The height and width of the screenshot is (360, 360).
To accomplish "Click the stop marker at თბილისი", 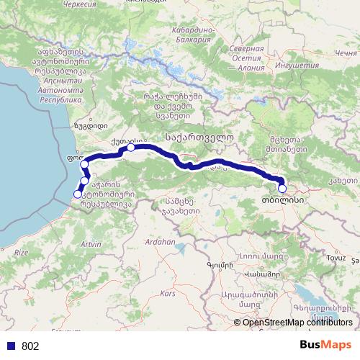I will (x=282, y=189).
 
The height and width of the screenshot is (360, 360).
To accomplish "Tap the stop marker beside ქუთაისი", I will (x=131, y=148).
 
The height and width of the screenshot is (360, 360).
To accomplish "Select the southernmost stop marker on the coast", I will (x=78, y=194).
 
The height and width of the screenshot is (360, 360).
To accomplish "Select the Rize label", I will (x=22, y=252).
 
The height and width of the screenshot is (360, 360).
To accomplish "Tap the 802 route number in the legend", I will (x=30, y=346).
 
